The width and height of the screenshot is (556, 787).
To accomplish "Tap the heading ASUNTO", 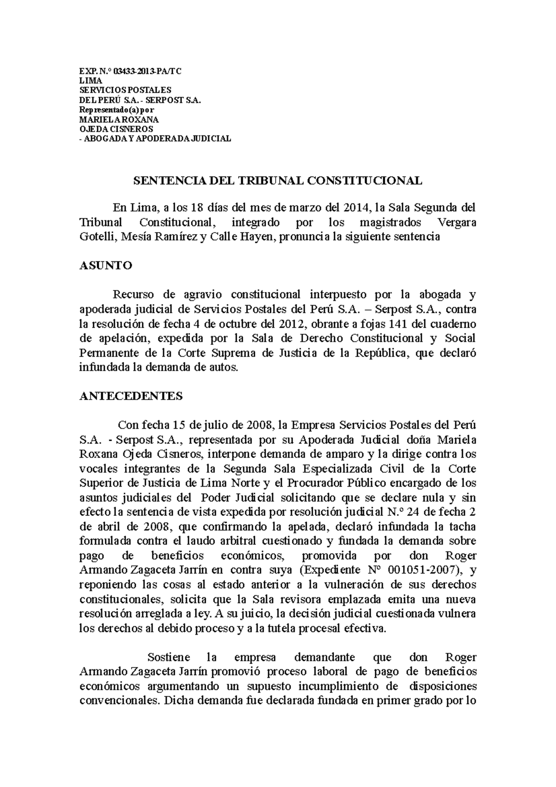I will (x=106, y=266).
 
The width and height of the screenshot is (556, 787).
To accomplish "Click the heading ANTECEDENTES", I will (x=131, y=396).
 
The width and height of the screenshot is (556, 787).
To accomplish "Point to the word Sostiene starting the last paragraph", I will (x=168, y=657).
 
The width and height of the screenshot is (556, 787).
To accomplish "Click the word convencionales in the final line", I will (x=118, y=701).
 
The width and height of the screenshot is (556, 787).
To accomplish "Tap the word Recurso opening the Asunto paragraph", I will (x=132, y=294).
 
